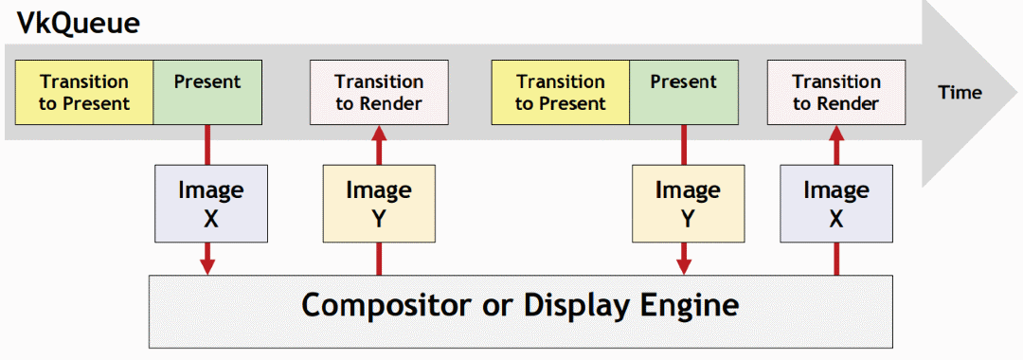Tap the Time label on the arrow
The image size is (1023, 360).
(x=960, y=93)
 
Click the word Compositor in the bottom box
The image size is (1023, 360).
(x=385, y=305)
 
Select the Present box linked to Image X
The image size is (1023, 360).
(x=207, y=92)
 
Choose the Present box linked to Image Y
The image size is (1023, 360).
(x=684, y=92)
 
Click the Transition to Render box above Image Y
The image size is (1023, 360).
(x=379, y=92)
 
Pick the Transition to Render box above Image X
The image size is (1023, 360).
(x=836, y=92)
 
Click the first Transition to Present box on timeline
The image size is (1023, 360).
(x=84, y=92)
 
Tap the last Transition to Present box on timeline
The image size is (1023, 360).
(x=561, y=92)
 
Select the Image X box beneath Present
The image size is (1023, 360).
(x=210, y=203)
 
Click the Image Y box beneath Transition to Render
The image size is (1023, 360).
(x=379, y=203)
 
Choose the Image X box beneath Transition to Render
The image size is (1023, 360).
(x=836, y=203)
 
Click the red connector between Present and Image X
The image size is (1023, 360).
(x=208, y=144)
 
